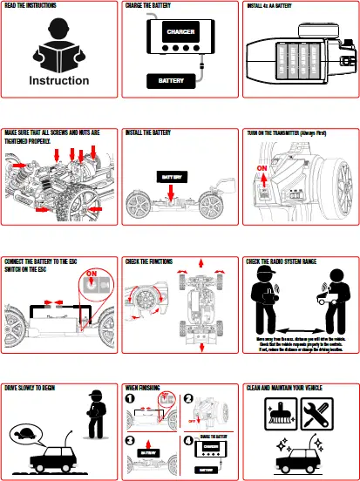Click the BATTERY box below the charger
click(x=171, y=81)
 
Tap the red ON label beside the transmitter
click(x=263, y=166)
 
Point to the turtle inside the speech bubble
click(x=31, y=431)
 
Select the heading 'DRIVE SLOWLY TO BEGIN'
click(x=35, y=386)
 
